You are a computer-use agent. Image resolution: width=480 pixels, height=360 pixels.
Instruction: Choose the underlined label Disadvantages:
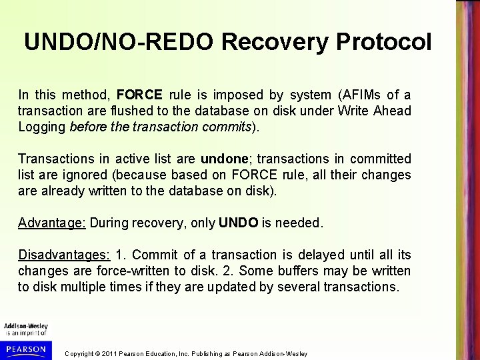(x=64, y=255)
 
